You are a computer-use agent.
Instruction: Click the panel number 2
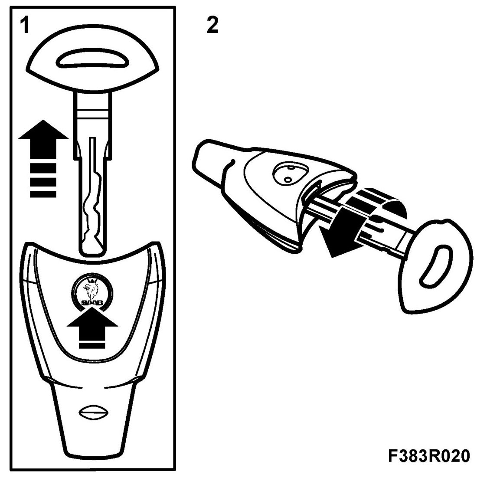coord(212,26)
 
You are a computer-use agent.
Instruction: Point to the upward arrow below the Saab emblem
coord(92,327)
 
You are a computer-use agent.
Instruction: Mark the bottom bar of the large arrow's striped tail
coord(43,192)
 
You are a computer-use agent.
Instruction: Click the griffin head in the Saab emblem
coord(91,287)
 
